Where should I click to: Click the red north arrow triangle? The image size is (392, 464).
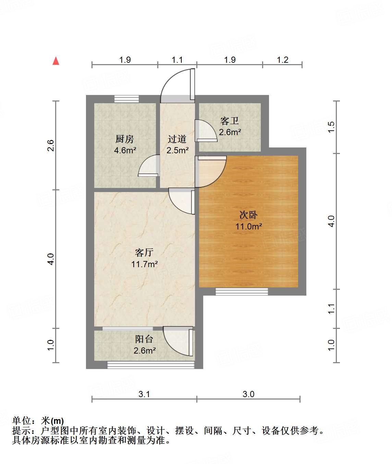(x=56, y=61)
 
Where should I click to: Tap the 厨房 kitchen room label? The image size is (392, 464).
(x=124, y=139)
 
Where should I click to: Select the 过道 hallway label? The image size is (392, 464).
(x=177, y=139)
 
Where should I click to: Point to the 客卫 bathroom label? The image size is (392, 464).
(x=230, y=121)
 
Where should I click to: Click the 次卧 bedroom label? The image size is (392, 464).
(x=248, y=215)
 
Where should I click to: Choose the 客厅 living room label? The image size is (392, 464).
(x=144, y=253)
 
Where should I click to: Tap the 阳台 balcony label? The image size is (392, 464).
(x=144, y=339)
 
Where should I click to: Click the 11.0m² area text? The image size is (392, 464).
(x=249, y=226)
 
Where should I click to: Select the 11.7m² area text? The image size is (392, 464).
(x=144, y=264)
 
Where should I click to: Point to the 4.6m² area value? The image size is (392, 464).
(x=125, y=150)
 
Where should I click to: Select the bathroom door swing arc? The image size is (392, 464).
(x=206, y=131)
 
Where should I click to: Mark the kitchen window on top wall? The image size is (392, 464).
(x=126, y=99)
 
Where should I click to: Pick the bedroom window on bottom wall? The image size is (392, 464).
(x=242, y=292)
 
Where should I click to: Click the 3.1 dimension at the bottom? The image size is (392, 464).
(x=144, y=394)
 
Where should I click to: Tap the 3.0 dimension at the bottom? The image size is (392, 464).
(x=248, y=394)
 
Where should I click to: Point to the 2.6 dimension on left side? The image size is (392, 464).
(x=51, y=145)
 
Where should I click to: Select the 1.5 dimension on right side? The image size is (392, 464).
(x=331, y=127)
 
